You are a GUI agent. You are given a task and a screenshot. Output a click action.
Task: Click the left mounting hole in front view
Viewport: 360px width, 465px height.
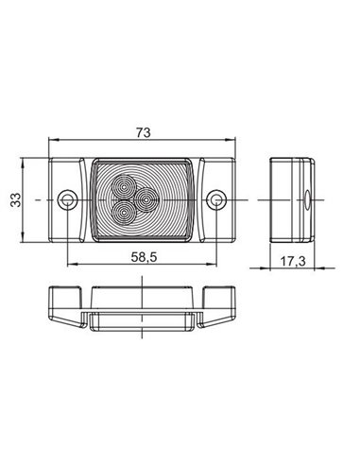pos(66,200)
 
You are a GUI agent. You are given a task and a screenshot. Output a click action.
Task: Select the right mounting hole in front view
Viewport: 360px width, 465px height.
pos(219,200)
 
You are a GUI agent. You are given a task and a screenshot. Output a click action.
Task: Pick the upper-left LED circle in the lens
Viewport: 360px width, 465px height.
pos(124,189)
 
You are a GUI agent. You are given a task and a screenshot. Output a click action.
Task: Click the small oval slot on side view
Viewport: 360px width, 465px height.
pos(307,200)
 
